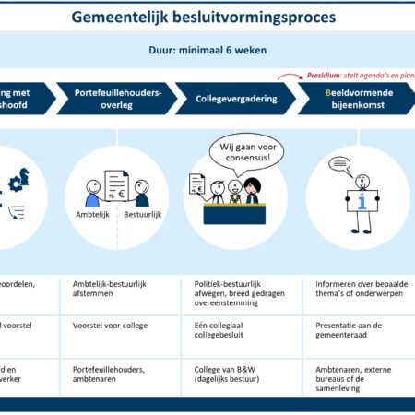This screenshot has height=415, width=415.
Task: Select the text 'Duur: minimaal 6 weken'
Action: (x=207, y=52)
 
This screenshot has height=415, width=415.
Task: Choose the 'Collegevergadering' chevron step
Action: (x=231, y=99)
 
